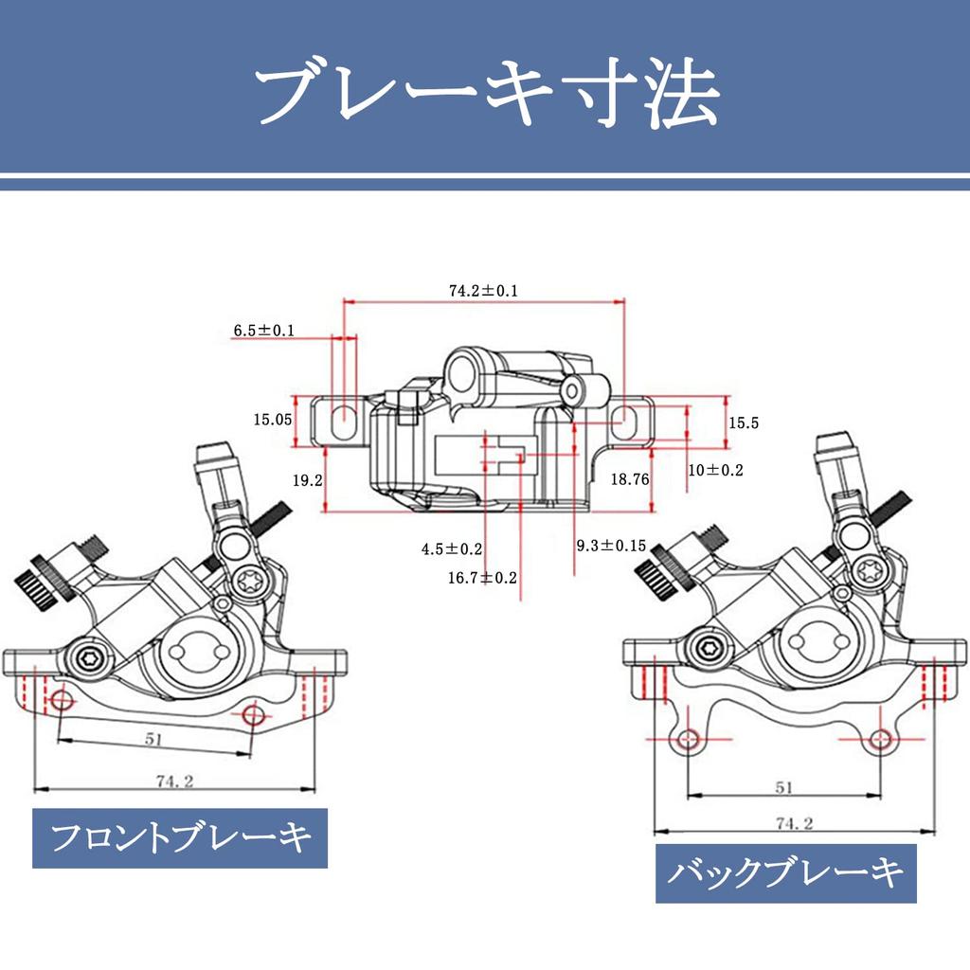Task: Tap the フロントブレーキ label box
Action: click(180, 837)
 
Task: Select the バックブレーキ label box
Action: click(786, 872)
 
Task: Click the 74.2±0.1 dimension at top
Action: click(483, 291)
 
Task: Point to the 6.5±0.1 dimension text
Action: click(264, 331)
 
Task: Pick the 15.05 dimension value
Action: click(272, 421)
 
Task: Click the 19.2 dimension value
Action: click(308, 480)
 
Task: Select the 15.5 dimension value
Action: click(744, 423)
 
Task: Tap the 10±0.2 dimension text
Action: click(716, 470)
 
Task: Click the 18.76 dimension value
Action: click(630, 480)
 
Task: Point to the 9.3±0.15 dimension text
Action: click(611, 546)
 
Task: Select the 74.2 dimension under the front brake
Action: click(174, 781)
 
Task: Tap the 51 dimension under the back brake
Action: click(783, 786)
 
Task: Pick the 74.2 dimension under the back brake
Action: click(794, 823)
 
